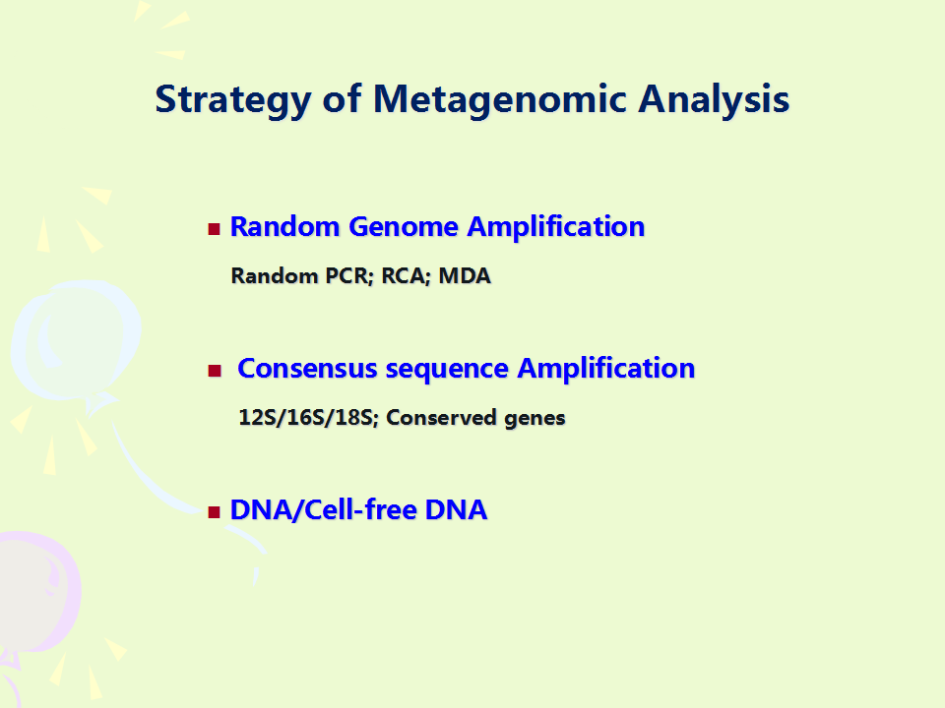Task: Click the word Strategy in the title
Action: pyautogui.click(x=233, y=100)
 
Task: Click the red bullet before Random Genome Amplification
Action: pyautogui.click(x=214, y=229)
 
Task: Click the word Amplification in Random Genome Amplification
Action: pyautogui.click(x=555, y=228)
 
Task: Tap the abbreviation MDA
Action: pyautogui.click(x=465, y=275)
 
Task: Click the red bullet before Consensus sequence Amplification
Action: pyautogui.click(x=214, y=371)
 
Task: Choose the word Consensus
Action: pyautogui.click(x=307, y=369)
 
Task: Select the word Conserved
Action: pyautogui.click(x=441, y=417)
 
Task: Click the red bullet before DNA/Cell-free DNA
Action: pyautogui.click(x=214, y=511)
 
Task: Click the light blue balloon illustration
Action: pyautogui.click(x=77, y=341)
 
